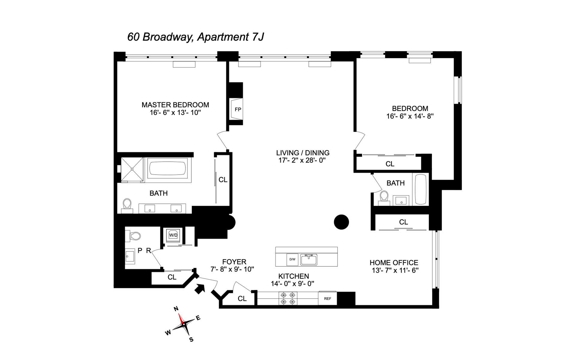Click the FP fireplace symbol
click(237, 109)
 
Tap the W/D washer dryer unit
click(173, 235)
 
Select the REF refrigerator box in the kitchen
click(328, 298)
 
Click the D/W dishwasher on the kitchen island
click(292, 259)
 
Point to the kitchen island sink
click(309, 259)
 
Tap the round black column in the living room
click(341, 222)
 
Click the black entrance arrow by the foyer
click(199, 289)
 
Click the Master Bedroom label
click(175, 105)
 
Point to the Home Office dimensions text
click(395, 270)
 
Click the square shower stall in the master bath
click(132, 169)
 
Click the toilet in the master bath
click(127, 205)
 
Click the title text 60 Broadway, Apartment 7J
click(196, 37)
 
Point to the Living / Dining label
click(303, 153)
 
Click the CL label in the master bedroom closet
click(223, 180)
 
